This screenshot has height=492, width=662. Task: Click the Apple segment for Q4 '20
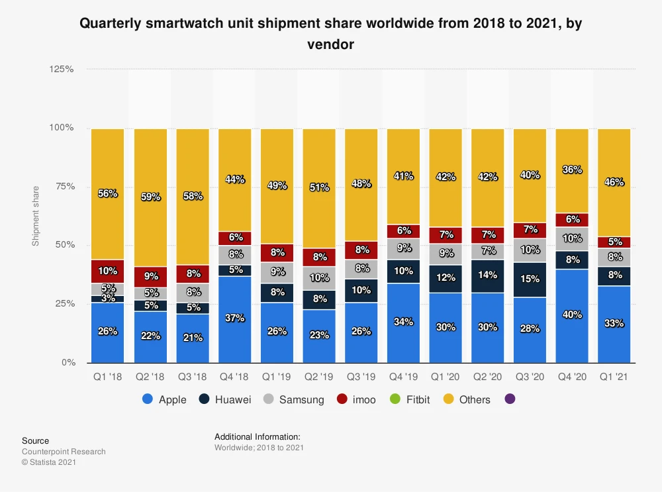coord(571,315)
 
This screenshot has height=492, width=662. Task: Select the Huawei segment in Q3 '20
coord(529,279)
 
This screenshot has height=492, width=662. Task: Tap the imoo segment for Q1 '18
coord(107,271)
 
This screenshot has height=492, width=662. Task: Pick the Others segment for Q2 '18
coord(150,197)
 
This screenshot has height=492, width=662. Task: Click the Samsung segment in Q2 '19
coord(318,278)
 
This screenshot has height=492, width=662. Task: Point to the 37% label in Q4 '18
coord(234,319)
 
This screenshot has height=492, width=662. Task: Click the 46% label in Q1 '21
coord(614,182)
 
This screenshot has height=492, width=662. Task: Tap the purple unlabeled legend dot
coord(509,399)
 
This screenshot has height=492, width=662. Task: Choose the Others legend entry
coord(466,399)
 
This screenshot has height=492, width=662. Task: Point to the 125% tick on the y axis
coord(62,69)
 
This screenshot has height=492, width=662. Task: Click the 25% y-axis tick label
coord(64,303)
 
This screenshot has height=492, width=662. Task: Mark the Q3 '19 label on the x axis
coord(361,376)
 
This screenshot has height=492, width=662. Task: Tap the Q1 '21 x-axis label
coord(614,376)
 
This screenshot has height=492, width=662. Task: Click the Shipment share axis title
coord(36,215)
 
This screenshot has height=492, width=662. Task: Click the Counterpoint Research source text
coord(64,452)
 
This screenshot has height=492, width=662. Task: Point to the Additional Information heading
coord(258,437)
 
